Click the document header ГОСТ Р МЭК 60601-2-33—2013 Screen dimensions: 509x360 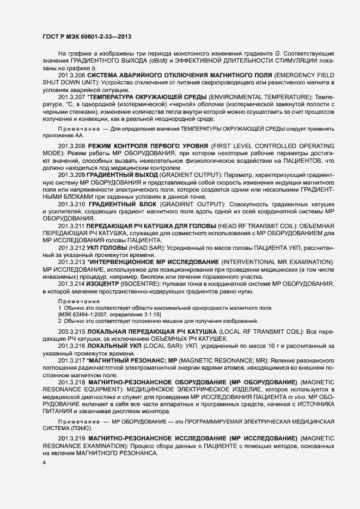tap(86, 37)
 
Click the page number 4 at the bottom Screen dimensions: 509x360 tap(45, 463)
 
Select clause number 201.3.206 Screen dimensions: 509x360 tap(71, 74)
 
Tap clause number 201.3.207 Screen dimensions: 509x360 tap(71, 97)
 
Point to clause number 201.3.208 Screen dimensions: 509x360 tap(72, 147)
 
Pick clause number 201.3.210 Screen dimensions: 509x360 tap(72, 204)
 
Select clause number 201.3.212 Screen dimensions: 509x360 tap(71, 248)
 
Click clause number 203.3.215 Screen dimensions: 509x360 tap(71, 332)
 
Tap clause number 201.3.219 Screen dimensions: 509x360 tap(72, 438)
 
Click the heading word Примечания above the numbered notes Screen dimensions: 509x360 tap(79, 301)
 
